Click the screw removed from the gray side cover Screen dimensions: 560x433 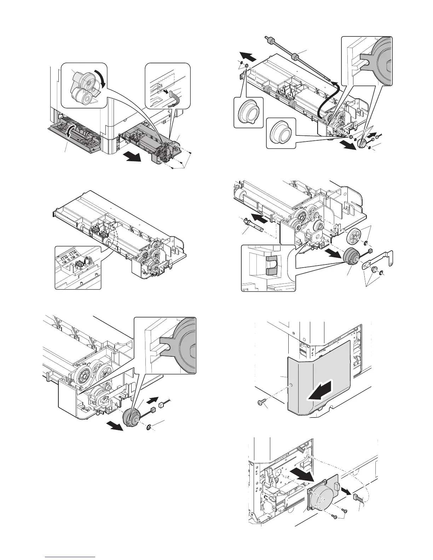(260, 403)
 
